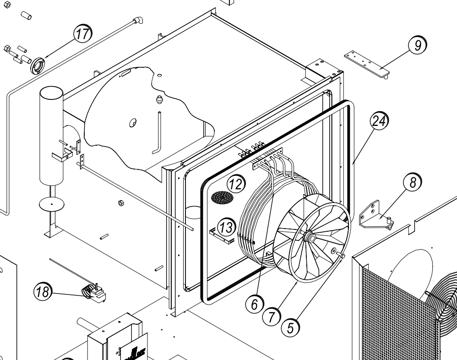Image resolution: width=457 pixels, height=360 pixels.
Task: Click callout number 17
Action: [x=83, y=33]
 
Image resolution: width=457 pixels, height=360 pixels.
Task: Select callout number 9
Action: [x=417, y=46]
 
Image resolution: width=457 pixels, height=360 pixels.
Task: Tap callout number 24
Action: [x=380, y=121]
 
